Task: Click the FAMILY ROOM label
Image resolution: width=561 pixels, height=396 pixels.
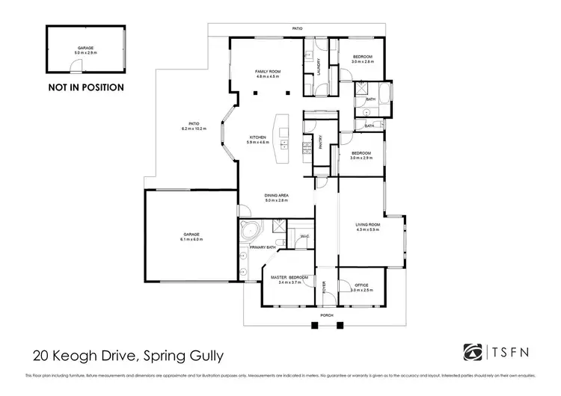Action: (267, 72)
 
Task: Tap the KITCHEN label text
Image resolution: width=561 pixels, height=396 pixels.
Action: (258, 137)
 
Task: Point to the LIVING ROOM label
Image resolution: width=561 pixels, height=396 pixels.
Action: (368, 225)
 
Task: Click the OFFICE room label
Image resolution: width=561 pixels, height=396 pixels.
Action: (360, 284)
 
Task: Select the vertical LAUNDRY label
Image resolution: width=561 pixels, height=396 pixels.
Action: (319, 66)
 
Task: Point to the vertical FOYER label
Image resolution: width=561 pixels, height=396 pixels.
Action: (325, 286)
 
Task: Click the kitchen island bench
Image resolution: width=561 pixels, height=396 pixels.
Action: (283, 139)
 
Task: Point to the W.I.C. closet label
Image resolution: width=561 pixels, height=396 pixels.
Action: (304, 236)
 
